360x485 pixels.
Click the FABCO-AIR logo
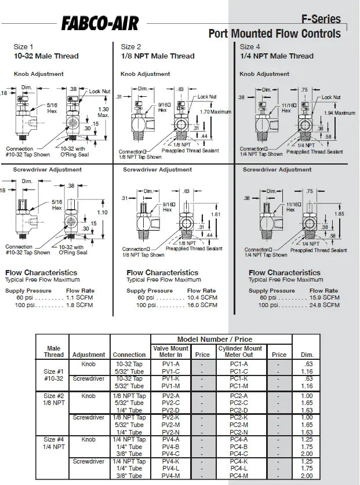[x=100, y=23]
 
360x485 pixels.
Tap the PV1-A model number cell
[x=170, y=364]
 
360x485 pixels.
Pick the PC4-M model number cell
[x=239, y=476]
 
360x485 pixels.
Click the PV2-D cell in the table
[x=170, y=410]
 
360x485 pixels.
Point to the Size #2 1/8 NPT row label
[x=53, y=399]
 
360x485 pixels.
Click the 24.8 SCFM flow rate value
[x=324, y=305]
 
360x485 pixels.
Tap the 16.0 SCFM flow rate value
[x=202, y=305]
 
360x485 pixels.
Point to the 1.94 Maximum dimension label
[x=340, y=113]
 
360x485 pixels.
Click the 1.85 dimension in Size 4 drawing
[x=340, y=214]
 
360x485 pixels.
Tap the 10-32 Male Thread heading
[x=46, y=56]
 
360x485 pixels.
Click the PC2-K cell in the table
[x=239, y=417]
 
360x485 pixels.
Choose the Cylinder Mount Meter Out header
[x=239, y=352]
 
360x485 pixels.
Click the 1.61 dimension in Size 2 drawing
[x=216, y=214]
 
